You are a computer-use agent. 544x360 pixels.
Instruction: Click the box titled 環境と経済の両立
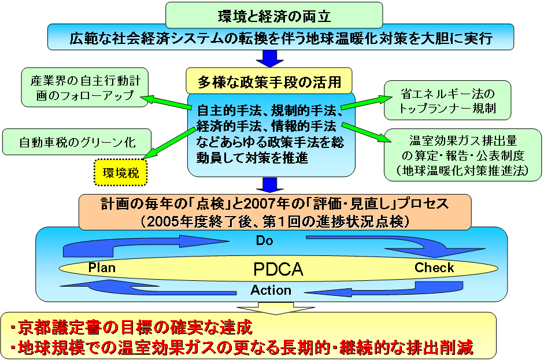point(273,14)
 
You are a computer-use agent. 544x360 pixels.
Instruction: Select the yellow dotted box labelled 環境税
point(120,171)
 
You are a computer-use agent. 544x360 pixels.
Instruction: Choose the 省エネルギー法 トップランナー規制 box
point(448,100)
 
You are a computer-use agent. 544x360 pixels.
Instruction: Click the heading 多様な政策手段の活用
point(269,81)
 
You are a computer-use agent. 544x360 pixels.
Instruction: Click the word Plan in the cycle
point(102,268)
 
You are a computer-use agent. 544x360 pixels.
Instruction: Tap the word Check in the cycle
point(434,268)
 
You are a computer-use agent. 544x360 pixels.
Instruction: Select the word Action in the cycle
point(271,290)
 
